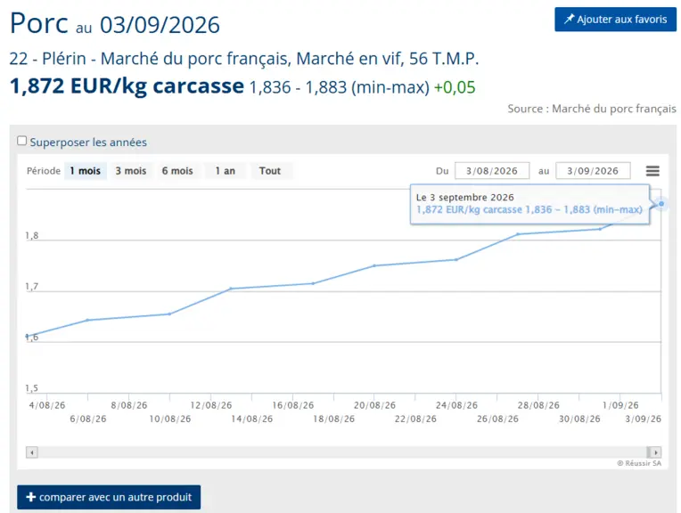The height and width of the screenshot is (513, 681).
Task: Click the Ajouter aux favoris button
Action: click(615, 19)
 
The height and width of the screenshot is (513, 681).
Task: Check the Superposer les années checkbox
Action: click(21, 141)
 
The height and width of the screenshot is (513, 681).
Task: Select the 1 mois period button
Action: click(86, 171)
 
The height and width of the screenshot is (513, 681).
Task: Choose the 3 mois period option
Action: click(131, 171)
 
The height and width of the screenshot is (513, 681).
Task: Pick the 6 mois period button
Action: click(177, 171)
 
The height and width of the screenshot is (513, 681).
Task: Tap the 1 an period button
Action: click(225, 171)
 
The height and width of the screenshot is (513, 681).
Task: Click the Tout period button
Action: click(270, 171)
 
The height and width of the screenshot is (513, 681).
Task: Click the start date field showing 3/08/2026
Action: click(492, 171)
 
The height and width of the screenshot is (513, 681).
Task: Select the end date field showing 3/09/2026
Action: click(593, 171)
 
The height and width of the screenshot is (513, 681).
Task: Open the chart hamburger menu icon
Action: click(652, 171)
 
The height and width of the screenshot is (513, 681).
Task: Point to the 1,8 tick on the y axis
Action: click(32, 235)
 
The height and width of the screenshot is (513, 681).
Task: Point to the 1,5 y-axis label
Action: click(32, 387)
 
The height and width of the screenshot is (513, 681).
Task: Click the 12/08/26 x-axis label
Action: click(211, 405)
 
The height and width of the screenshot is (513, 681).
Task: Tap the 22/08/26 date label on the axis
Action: click(415, 419)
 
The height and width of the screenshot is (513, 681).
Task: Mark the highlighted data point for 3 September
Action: click(661, 204)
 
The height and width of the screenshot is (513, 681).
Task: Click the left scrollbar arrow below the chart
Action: click(32, 452)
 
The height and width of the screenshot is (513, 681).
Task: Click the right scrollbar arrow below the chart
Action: click(655, 452)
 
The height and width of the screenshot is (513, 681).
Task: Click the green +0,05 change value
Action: click(455, 87)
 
